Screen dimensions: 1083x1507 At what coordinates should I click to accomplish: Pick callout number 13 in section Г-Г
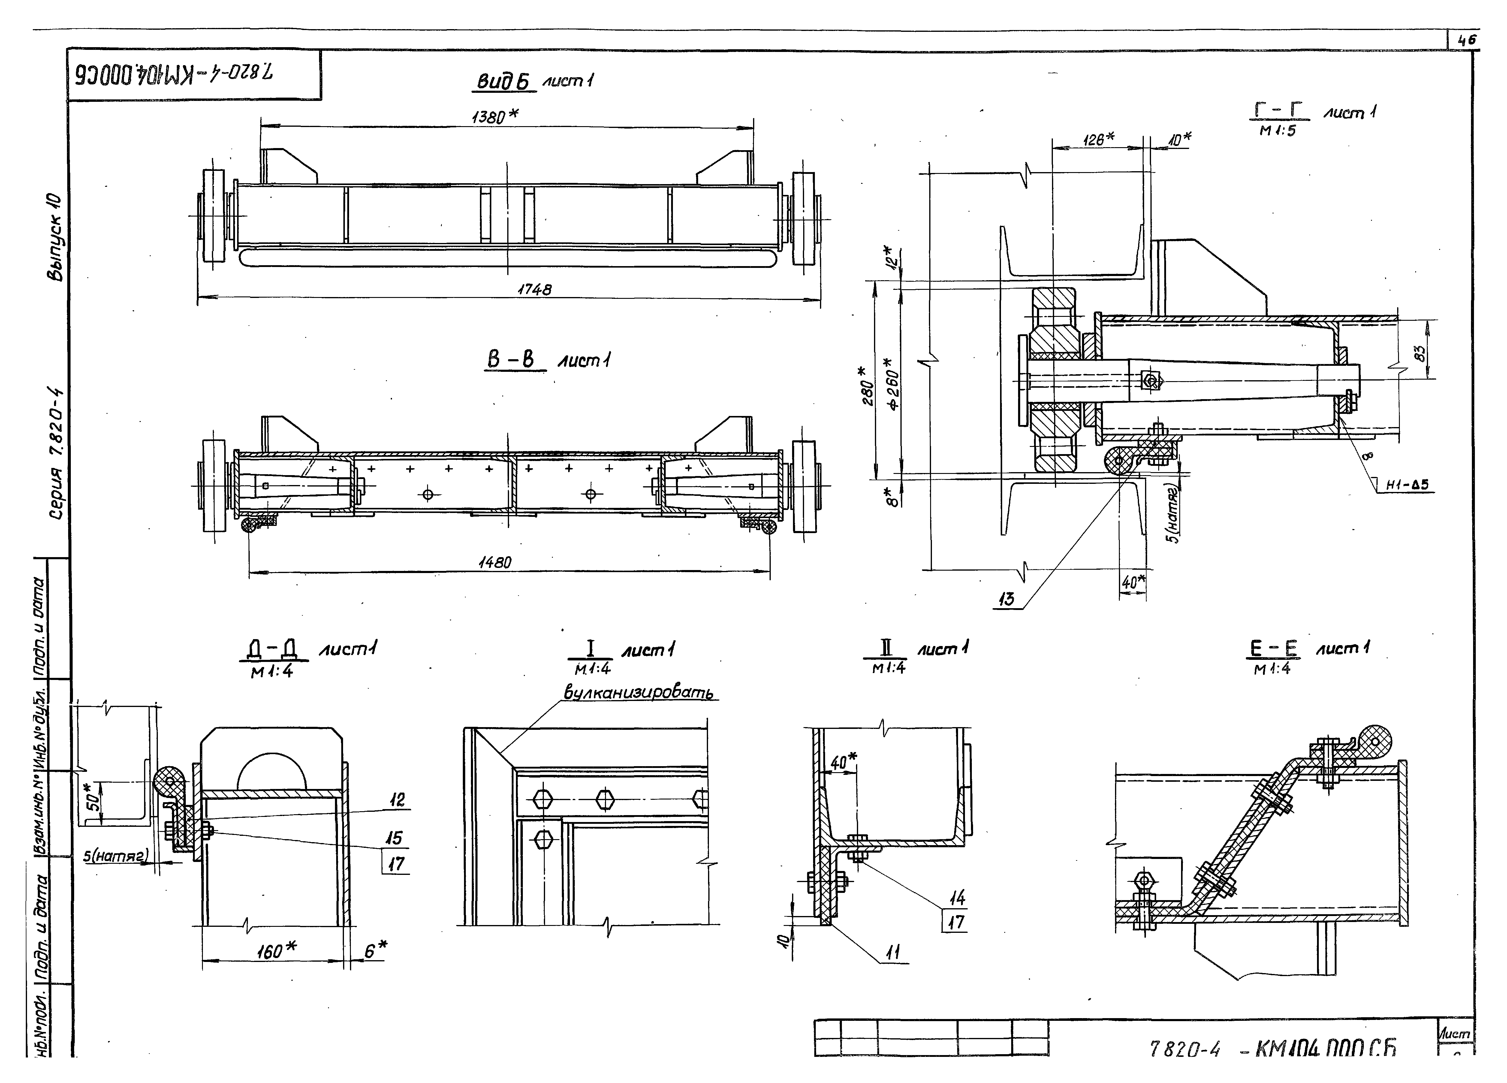(x=1007, y=599)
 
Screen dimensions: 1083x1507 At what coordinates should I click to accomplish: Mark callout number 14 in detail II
(x=957, y=898)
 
